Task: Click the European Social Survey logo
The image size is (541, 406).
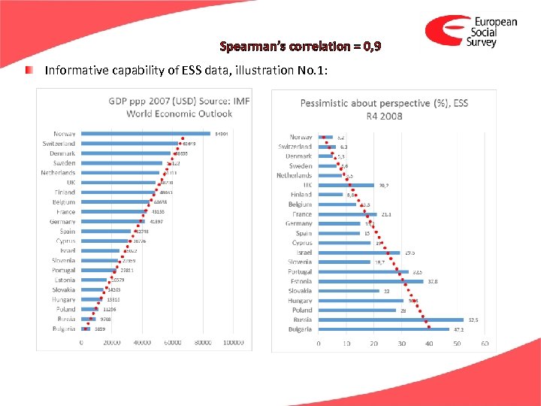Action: pos(471,32)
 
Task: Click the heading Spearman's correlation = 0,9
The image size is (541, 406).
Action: pos(301,47)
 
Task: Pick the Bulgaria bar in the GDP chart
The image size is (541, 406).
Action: pos(86,329)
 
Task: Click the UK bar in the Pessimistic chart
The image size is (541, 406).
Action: pos(346,185)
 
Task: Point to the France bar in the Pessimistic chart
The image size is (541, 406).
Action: pos(347,214)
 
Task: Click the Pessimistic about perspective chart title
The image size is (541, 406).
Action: pos(384,108)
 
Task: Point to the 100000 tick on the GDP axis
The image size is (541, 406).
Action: pos(234,343)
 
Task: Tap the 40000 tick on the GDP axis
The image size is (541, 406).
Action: pos(142,343)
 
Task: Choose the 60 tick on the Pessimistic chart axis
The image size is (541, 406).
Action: pos(485,343)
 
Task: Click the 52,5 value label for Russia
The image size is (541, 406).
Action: pos(475,320)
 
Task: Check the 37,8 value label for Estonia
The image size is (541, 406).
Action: pos(433,281)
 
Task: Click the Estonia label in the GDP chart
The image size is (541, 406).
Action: pos(65,280)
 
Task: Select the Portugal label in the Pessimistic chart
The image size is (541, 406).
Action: pos(300,271)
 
